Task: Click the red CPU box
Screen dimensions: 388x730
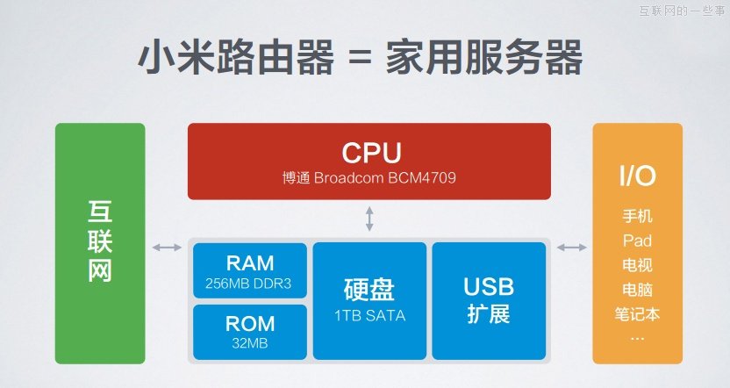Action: click(369, 161)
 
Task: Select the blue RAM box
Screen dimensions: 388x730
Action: click(250, 269)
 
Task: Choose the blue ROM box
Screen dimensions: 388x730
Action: click(250, 331)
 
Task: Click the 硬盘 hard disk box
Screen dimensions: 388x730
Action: click(369, 300)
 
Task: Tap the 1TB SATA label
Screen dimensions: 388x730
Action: click(369, 316)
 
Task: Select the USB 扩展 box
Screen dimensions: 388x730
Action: click(489, 300)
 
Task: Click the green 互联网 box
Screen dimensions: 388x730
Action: click(100, 243)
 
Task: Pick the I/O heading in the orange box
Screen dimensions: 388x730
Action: click(637, 176)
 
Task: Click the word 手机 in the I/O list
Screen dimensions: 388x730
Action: click(637, 216)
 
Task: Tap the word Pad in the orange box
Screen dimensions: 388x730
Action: click(637, 240)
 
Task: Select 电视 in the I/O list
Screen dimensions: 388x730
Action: click(637, 264)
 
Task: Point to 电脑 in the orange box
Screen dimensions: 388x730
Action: click(637, 288)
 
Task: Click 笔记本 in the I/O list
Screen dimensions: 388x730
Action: click(637, 312)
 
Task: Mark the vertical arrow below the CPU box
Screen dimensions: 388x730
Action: click(369, 219)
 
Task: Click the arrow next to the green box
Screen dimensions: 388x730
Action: click(167, 248)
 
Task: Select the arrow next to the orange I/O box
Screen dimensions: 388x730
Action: click(571, 248)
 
